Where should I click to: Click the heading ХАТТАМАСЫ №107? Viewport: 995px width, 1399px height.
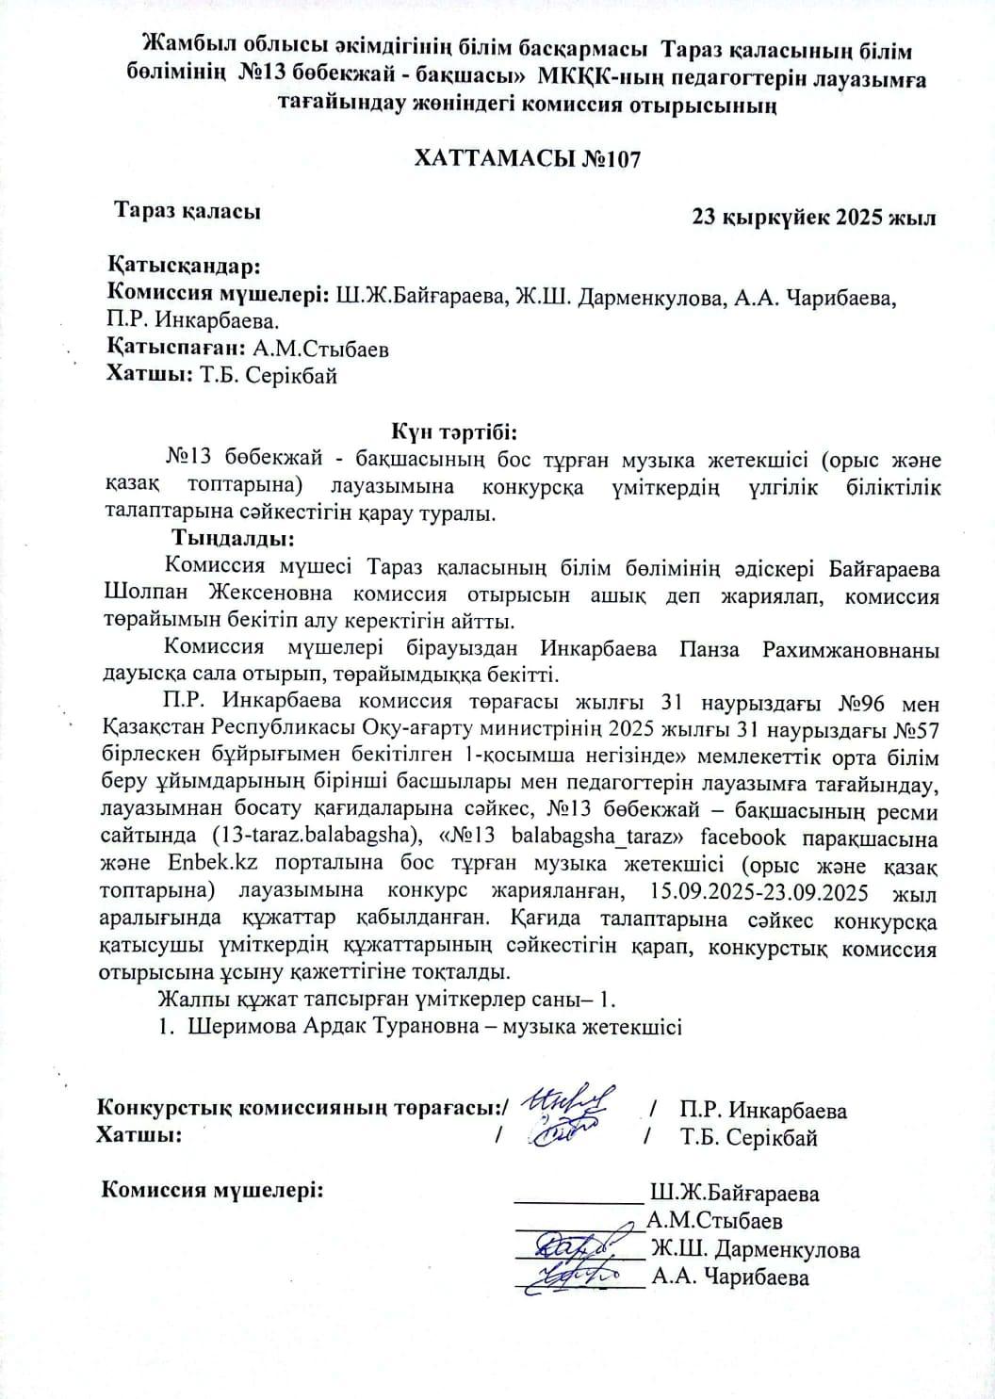528,158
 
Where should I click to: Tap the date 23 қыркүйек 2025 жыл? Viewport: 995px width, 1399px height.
813,218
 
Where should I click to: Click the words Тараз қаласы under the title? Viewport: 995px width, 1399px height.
188,211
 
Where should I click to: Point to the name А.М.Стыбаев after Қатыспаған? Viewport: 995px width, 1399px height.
320,349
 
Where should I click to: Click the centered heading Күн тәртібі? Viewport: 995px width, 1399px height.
455,432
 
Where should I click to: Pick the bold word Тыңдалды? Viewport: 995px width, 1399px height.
233,540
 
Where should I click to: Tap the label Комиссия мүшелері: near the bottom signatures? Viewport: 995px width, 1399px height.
212,1190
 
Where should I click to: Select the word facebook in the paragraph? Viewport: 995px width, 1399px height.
770,838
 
